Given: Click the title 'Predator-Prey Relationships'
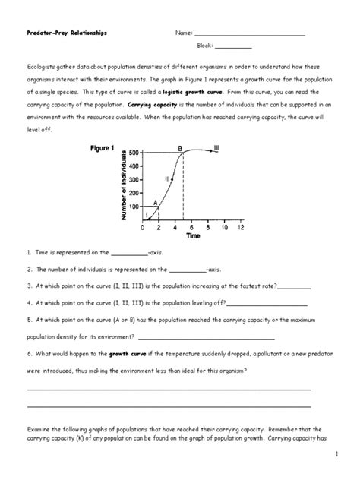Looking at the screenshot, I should coord(67,33).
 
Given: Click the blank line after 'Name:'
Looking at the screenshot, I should coord(250,35).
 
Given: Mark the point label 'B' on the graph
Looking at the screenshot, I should coord(180,148).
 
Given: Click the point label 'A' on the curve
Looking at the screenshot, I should coord(156,202).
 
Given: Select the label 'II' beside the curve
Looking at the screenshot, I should coord(166,178).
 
